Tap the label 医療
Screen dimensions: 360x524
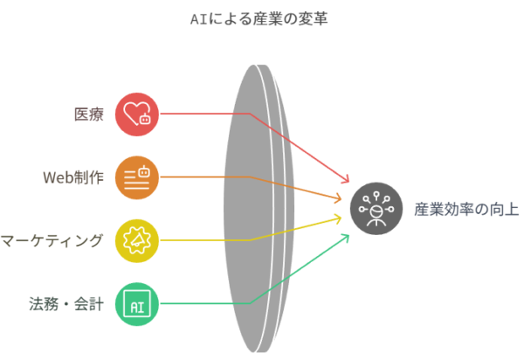(89, 114)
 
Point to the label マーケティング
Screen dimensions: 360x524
(52, 240)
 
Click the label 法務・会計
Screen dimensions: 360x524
(66, 304)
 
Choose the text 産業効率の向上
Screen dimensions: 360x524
(465, 210)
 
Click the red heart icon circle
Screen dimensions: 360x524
(137, 114)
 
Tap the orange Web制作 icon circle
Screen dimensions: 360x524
(137, 177)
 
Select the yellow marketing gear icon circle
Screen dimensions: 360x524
(137, 240)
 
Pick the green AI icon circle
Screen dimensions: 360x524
(137, 304)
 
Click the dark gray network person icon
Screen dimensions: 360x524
(377, 210)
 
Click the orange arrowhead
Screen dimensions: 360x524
(342, 198)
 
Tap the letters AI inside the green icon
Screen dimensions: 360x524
(137, 305)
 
